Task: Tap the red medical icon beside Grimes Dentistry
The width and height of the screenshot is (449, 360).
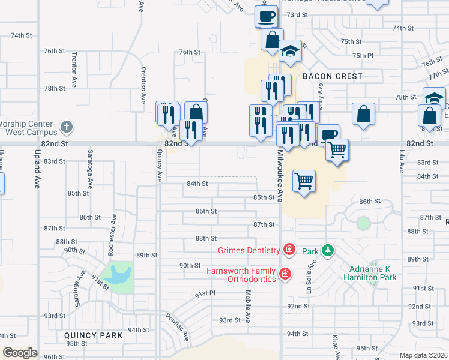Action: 289,249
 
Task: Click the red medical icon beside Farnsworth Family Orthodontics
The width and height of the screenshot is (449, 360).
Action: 285,274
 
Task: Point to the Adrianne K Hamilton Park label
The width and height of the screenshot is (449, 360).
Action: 371,274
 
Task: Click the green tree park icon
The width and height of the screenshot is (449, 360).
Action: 327,250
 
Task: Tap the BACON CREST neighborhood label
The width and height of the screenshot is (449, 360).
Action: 332,76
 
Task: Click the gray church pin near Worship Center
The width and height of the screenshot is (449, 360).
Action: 67,127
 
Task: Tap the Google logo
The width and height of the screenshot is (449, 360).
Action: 20,353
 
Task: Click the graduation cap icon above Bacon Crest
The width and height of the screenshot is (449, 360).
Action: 290,51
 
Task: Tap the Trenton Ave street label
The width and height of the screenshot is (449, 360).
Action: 74,65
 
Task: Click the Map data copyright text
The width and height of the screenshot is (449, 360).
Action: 424,355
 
